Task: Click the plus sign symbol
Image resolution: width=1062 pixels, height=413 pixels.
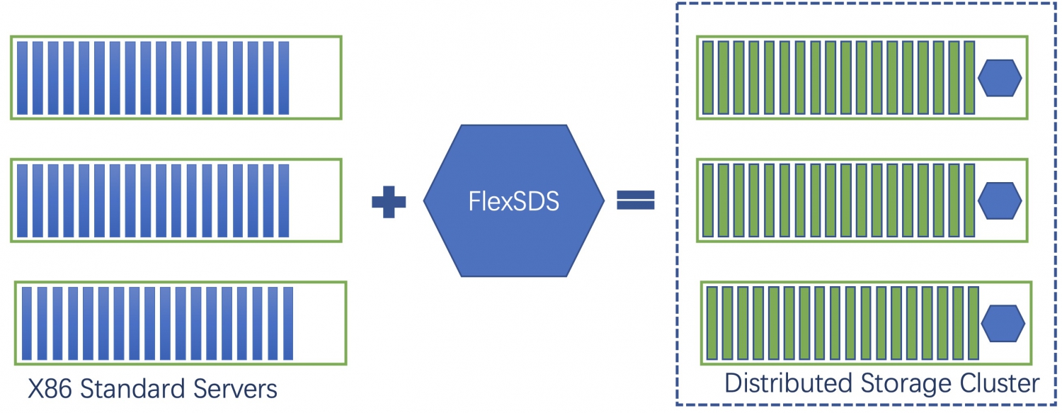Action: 389,202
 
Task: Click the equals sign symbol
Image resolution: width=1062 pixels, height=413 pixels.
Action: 635,201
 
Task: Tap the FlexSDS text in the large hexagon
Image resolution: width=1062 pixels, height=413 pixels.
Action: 514,202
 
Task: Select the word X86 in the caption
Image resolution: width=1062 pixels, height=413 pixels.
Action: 50,388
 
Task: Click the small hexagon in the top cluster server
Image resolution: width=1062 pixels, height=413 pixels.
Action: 999,77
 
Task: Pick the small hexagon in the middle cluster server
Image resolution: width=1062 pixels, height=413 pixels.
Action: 999,200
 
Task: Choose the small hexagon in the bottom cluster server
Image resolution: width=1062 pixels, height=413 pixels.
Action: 1003,323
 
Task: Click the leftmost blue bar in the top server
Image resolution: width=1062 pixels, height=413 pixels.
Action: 22,78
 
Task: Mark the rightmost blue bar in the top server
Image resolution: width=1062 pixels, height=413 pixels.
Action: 284,78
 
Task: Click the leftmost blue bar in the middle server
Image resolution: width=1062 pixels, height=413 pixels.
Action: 22,200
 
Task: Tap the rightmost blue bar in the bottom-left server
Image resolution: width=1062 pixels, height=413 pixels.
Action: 288,323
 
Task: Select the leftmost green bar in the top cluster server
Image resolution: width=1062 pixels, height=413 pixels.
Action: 707,77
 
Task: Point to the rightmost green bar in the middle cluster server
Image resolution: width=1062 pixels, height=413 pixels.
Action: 969,200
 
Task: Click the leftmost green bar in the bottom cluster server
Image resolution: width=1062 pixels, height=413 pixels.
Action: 712,323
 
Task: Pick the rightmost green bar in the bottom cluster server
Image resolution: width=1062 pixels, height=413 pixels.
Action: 973,323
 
